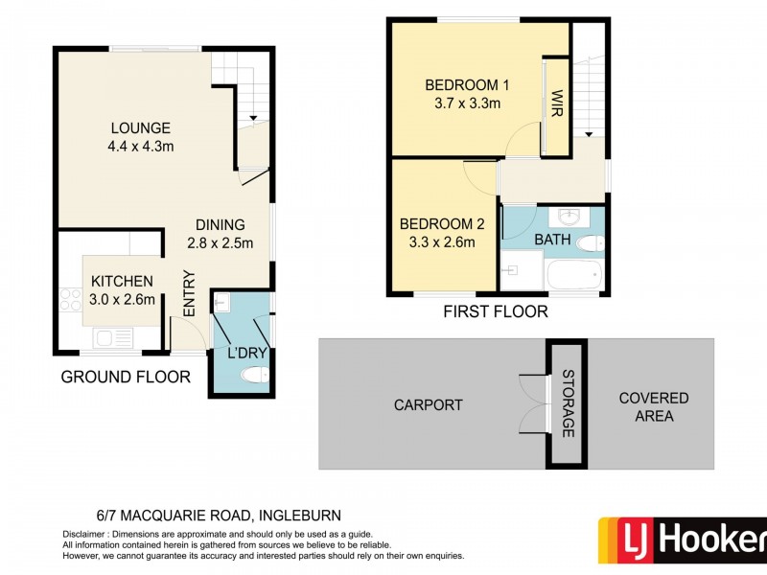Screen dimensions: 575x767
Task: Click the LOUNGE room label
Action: click(140, 127)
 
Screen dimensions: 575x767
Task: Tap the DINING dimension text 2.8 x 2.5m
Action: click(220, 243)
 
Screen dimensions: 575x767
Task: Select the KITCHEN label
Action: click(122, 281)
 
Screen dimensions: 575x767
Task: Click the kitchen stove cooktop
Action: click(69, 299)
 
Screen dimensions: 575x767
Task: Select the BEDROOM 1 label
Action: click(468, 85)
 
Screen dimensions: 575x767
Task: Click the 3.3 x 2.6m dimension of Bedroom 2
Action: click(442, 242)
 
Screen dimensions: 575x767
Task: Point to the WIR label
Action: click(555, 103)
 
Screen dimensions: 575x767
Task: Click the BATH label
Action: click(553, 239)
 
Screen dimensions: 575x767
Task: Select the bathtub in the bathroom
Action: click(573, 276)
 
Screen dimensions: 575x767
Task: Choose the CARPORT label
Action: click(428, 405)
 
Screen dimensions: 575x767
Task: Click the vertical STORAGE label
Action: click(568, 403)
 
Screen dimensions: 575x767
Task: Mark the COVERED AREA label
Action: click(653, 406)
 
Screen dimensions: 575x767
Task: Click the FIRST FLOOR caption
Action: click(495, 311)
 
